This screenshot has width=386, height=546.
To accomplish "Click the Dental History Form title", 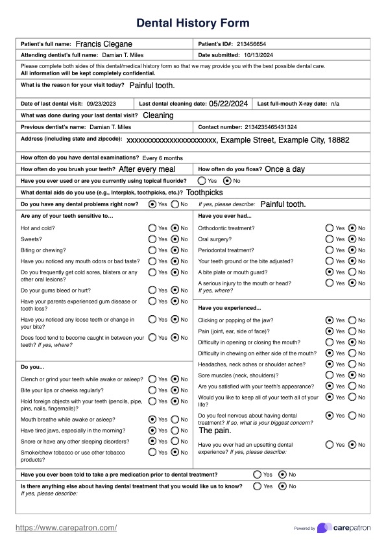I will coord(193,23).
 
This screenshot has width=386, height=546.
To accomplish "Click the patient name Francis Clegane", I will coord(104,44).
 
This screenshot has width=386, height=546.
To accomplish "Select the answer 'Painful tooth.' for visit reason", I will coord(152,86).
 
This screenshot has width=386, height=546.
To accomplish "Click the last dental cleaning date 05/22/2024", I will coord(228,103).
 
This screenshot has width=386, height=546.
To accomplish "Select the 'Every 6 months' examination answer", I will coord(162,158).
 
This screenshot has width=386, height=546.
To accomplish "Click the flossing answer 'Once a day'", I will coord(285,169).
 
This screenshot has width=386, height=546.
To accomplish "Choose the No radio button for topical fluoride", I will coord(227,181).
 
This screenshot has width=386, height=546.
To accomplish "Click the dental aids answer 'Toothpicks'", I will coord(204,193).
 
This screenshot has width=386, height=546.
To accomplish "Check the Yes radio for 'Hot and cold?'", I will coord(152,228).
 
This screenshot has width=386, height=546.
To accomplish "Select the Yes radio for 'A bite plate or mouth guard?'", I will coord(330,272).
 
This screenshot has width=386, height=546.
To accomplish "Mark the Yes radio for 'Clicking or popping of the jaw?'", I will coord(330,320).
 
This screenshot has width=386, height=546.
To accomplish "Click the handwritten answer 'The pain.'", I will coord(215,431).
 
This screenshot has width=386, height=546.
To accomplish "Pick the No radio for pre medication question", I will coord(282,475).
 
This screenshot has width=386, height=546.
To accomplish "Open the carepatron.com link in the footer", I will coord(66,528).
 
